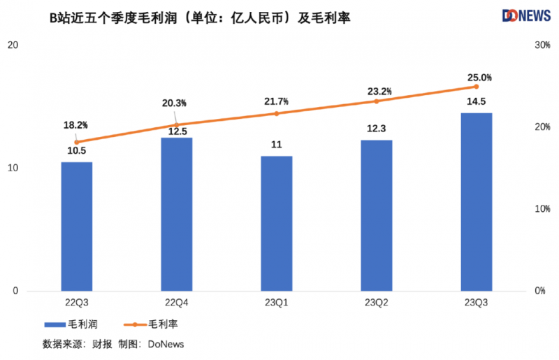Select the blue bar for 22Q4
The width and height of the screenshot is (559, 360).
(176, 214)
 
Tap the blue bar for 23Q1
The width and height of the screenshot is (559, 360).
(276, 223)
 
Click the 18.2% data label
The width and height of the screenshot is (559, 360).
(75, 125)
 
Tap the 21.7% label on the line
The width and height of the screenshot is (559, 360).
(276, 102)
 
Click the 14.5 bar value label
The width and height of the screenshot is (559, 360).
(476, 102)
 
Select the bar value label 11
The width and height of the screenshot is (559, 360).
(276, 145)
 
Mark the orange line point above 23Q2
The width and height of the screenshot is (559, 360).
(376, 101)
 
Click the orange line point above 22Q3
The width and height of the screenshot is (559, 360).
(76, 142)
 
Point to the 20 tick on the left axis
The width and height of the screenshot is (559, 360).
(12, 45)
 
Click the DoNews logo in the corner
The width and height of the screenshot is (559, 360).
(526, 15)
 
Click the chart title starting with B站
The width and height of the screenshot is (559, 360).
(200, 17)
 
